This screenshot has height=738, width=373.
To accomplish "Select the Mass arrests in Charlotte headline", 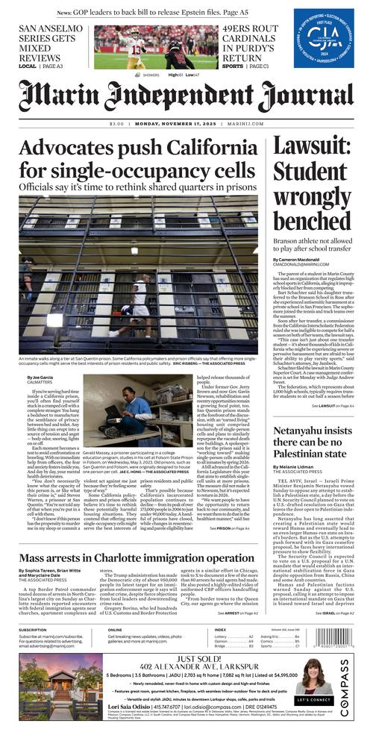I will [x=137, y=557].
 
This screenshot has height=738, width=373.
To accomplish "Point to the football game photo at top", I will [x=145, y=47].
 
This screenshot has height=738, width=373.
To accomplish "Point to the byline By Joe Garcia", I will [x=42, y=377].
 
